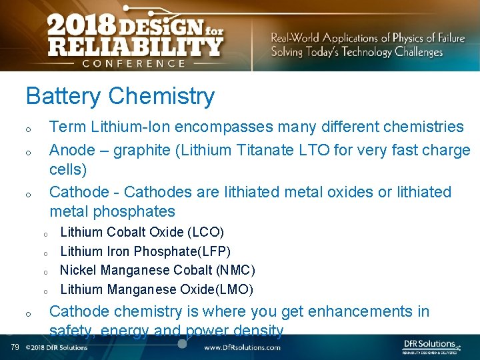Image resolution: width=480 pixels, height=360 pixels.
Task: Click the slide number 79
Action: [x=15, y=347]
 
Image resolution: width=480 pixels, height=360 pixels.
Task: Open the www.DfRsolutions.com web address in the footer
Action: [x=243, y=347]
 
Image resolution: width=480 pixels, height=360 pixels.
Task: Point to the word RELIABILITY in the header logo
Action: [x=134, y=47]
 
